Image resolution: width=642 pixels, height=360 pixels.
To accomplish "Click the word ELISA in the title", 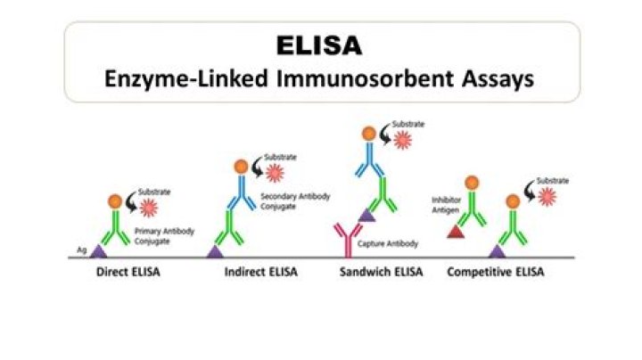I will (x=321, y=44).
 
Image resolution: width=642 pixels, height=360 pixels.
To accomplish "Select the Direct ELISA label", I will (x=128, y=271).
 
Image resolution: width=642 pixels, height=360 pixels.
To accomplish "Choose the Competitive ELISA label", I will (x=495, y=271).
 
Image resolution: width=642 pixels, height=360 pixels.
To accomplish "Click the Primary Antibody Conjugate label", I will (x=160, y=234).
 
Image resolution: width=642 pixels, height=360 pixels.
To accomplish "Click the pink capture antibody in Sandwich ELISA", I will (x=342, y=241).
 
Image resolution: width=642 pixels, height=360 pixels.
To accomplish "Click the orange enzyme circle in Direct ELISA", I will (x=115, y=202).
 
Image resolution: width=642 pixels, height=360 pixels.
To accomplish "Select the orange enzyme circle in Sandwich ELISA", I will (x=368, y=134).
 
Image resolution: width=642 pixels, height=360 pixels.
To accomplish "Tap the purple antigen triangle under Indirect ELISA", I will (x=215, y=251).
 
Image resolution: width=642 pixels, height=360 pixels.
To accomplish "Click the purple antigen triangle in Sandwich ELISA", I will (x=366, y=215).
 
